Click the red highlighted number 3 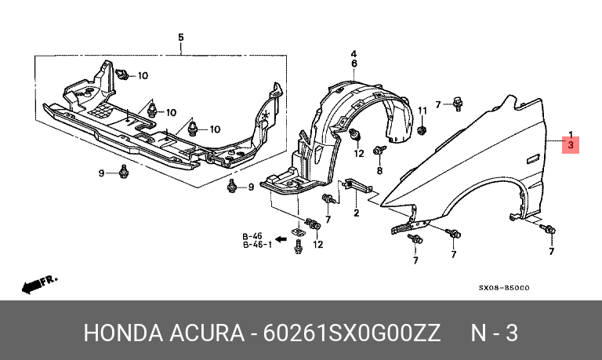tap(571, 145)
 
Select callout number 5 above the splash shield tap(180, 37)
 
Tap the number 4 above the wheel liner tap(354, 52)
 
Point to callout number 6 tap(354, 63)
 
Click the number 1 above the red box tap(571, 134)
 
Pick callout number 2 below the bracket tap(355, 213)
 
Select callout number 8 tap(379, 170)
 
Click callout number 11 tap(421, 109)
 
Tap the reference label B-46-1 tap(256, 244)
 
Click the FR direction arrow tap(35, 285)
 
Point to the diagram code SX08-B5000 tap(504, 288)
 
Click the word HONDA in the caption tap(118, 333)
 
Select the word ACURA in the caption tap(202, 333)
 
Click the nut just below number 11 tap(422, 128)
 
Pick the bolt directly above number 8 tap(382, 150)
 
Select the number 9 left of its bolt tap(101, 172)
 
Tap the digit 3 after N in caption tap(511, 333)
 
